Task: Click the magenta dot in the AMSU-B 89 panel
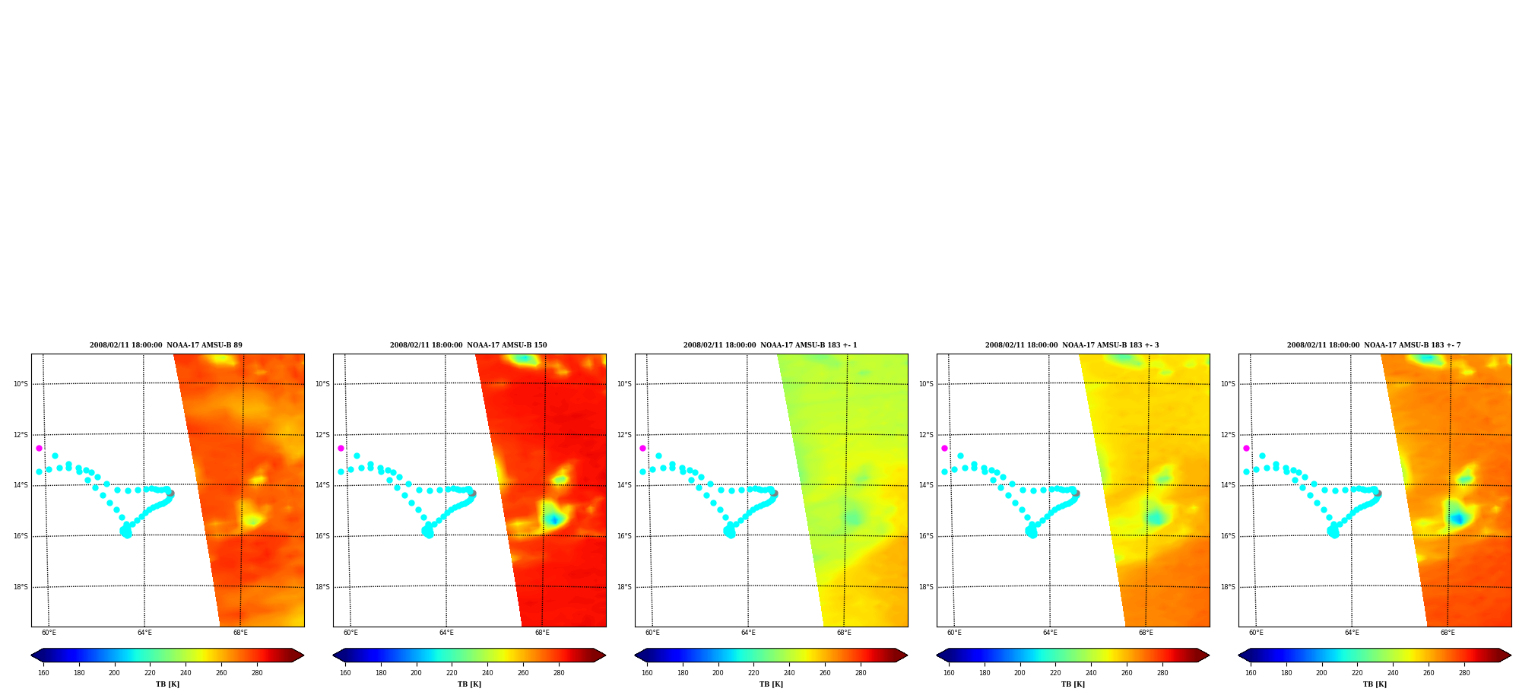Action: click(39, 448)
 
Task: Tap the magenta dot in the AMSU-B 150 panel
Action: click(341, 448)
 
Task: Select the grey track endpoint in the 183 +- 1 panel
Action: click(774, 493)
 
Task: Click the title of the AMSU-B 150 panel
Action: click(468, 345)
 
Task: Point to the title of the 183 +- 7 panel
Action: click(1374, 345)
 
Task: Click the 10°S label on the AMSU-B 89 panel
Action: click(21, 384)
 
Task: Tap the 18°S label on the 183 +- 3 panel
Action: click(926, 587)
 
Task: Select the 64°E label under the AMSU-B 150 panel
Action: click(446, 633)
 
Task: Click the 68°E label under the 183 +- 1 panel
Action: click(844, 633)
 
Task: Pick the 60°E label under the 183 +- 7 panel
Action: click(1256, 633)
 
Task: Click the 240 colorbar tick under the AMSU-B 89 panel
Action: click(186, 673)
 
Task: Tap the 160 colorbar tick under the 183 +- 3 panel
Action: click(949, 673)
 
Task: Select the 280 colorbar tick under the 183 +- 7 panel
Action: click(1464, 673)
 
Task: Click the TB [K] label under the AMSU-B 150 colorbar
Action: click(469, 684)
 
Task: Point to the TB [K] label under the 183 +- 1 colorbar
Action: click(771, 684)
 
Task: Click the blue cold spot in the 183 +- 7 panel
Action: click(1457, 519)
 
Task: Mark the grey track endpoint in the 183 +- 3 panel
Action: click(1076, 493)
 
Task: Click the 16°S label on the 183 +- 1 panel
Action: click(624, 536)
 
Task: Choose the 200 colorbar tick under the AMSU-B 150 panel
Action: click(416, 673)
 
